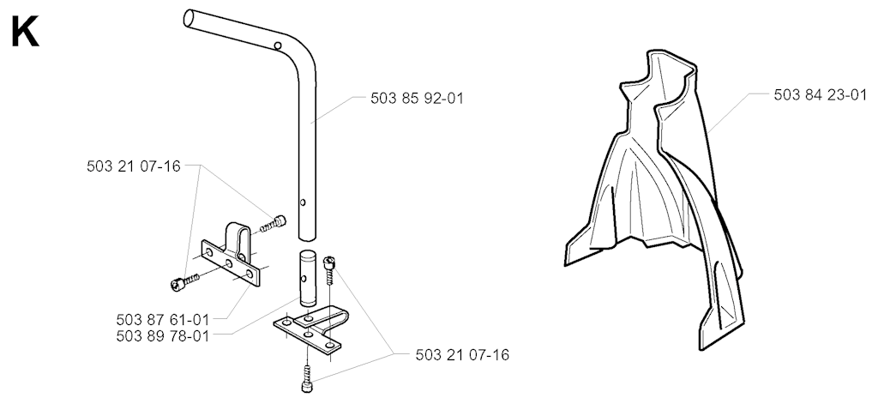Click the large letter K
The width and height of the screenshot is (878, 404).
click(x=25, y=33)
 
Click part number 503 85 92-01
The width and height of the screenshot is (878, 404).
click(x=418, y=99)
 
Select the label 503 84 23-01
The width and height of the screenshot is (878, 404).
click(x=821, y=95)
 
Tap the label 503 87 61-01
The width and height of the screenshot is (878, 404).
click(x=162, y=320)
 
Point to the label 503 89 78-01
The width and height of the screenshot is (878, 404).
click(x=162, y=336)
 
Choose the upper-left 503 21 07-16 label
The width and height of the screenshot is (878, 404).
click(x=134, y=166)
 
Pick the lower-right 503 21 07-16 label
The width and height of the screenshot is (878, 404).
click(x=462, y=355)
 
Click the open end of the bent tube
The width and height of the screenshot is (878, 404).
click(x=189, y=17)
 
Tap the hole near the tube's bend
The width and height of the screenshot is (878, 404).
click(x=278, y=45)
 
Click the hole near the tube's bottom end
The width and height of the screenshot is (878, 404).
click(x=303, y=202)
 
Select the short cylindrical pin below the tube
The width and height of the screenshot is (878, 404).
click(x=307, y=279)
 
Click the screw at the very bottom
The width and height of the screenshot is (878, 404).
click(x=307, y=379)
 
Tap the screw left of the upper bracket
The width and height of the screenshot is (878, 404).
click(x=184, y=282)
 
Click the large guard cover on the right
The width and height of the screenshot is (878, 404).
click(x=655, y=196)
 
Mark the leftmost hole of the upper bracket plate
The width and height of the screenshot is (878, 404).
click(x=210, y=253)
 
